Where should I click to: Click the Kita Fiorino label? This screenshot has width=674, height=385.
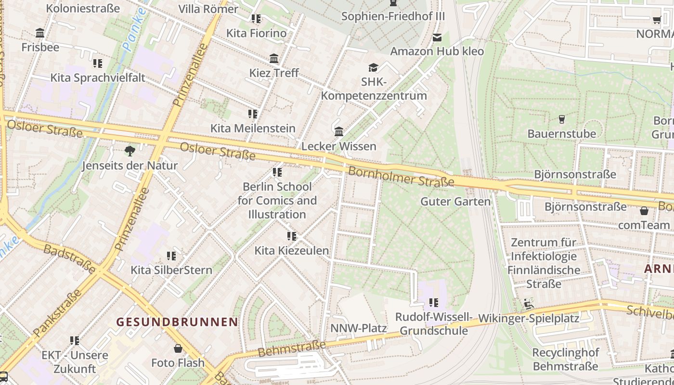tap(257, 33)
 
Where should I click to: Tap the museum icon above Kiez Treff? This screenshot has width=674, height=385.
tap(274, 59)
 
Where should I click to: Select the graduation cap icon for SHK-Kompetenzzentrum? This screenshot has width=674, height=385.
tap(373, 67)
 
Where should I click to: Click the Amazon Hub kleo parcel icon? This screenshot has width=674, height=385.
tap(437, 37)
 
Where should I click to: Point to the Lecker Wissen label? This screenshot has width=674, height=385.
tap(338, 146)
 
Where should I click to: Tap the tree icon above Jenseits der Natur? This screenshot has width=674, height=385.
tap(130, 151)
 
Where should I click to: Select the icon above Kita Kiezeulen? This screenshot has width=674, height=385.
tap(291, 236)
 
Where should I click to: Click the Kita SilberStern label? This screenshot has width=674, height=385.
tap(171, 270)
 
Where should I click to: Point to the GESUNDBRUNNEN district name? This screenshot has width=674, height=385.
tap(178, 322)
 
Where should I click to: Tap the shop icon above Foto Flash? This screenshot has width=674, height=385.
tap(178, 348)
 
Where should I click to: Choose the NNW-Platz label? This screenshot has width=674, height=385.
tap(358, 329)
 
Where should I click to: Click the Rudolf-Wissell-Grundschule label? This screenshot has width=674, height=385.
tap(434, 324)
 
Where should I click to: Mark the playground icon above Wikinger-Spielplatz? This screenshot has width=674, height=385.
tap(528, 304)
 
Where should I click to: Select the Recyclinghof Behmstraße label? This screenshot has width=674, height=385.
tap(565, 359)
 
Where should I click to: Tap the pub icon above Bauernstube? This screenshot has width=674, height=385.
tap(561, 119)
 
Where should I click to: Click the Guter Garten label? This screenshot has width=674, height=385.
tap(455, 202)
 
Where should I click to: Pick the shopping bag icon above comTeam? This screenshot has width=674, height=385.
tap(644, 211)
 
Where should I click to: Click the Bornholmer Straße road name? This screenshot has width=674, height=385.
tap(401, 177)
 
